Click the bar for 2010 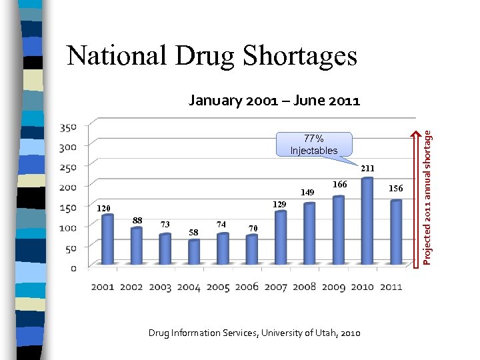(367, 221)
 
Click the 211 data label (367, 169)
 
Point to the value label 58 (193, 233)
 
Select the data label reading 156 (396, 189)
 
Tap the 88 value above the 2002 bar (137, 220)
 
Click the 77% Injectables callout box (314, 145)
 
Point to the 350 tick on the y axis (69, 127)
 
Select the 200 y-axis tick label (69, 187)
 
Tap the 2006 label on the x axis (246, 287)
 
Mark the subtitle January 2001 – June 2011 (274, 101)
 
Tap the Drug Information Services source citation (254, 333)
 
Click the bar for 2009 (338, 229)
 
